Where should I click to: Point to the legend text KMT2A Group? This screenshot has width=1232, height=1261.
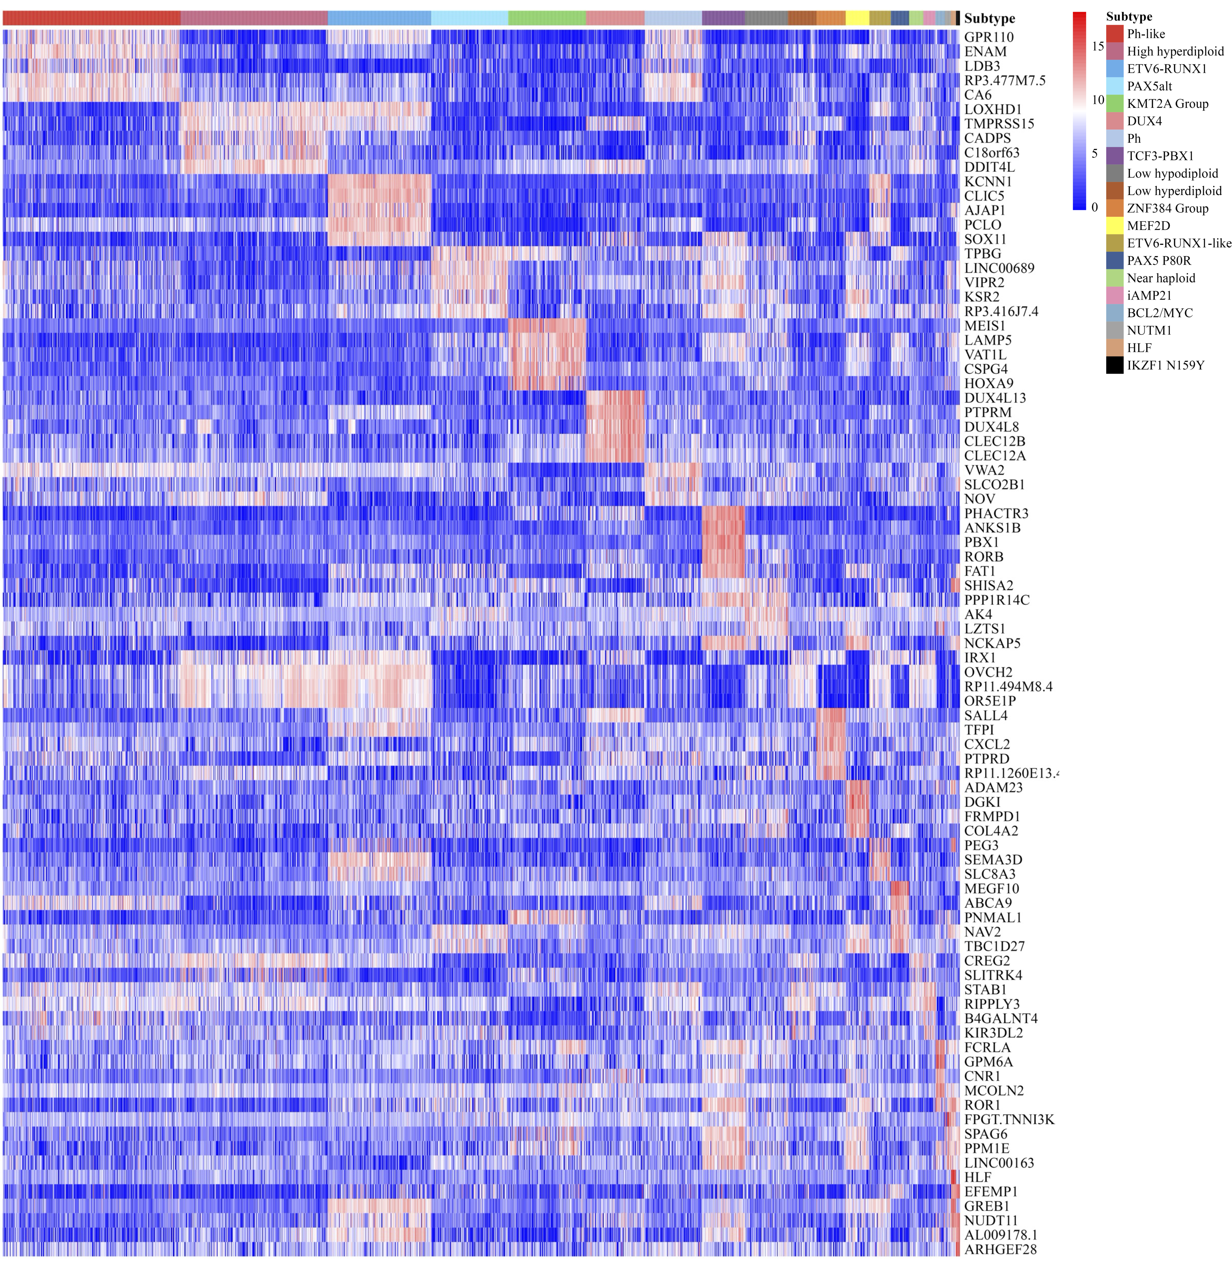(1167, 104)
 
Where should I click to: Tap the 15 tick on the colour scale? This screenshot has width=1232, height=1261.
(1097, 46)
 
